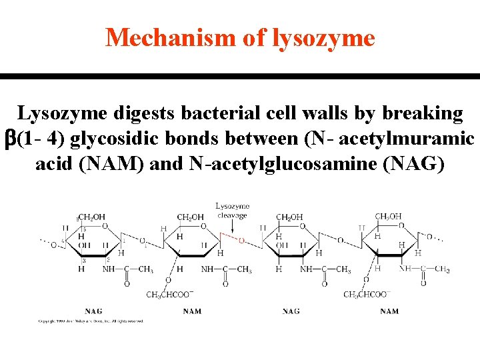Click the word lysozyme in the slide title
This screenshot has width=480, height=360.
point(324,38)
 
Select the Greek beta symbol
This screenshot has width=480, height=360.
point(10,139)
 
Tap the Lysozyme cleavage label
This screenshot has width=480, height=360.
point(232,211)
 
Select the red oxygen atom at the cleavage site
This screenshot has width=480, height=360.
point(241,241)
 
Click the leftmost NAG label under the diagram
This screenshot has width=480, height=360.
point(93,311)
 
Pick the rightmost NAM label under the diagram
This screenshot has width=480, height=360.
point(389,311)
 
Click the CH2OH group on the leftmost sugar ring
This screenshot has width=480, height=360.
point(91,217)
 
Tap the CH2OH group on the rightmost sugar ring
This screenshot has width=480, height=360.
point(388,217)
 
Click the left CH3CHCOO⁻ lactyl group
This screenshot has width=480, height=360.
point(169,295)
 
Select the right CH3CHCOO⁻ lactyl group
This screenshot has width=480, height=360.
point(366,295)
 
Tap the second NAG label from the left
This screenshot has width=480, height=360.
point(291,311)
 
